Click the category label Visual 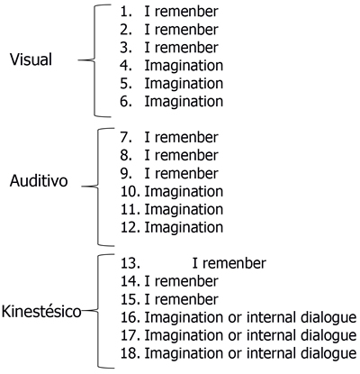pyautogui.click(x=31, y=59)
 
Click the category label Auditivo pyautogui.click(x=39, y=181)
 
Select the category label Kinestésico pyautogui.click(x=41, y=312)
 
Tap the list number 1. pyautogui.click(x=126, y=12)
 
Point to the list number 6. pyautogui.click(x=126, y=102)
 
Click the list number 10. pyautogui.click(x=130, y=191)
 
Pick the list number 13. pyautogui.click(x=130, y=263)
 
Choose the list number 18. pyautogui.click(x=130, y=353)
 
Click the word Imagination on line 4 pyautogui.click(x=184, y=66)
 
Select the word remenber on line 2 pyautogui.click(x=186, y=30)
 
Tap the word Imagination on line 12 pyautogui.click(x=184, y=227)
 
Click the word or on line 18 pyautogui.click(x=235, y=354)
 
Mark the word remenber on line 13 pyautogui.click(x=234, y=263)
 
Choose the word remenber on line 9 pyautogui.click(x=186, y=173)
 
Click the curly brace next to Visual pyautogui.click(x=94, y=60)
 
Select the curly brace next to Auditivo pyautogui.click(x=98, y=187)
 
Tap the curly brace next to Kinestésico pyautogui.click(x=98, y=311)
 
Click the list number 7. pyautogui.click(x=126, y=137)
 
